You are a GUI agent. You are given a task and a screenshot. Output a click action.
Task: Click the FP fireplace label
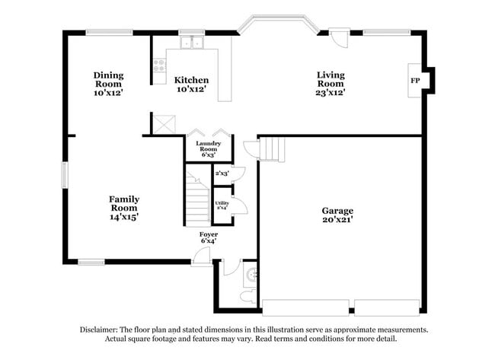(x=415, y=81)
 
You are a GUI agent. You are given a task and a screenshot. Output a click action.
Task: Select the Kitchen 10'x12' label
(x=191, y=84)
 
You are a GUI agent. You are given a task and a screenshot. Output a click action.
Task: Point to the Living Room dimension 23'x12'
(x=331, y=92)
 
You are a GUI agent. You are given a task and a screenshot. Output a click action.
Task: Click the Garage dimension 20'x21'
(x=337, y=220)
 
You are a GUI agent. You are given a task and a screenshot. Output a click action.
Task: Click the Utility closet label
(x=222, y=205)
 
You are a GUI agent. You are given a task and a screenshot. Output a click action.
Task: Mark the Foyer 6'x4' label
(x=209, y=237)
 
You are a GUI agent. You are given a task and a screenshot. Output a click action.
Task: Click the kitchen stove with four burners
(x=160, y=65)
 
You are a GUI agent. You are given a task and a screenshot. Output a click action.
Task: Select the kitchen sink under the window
(x=188, y=43)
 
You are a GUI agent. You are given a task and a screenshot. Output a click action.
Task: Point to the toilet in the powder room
(x=247, y=295)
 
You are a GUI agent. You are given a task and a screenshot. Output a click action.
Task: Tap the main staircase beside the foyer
(x=198, y=199)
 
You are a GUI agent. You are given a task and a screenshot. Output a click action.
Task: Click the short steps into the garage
(x=272, y=149)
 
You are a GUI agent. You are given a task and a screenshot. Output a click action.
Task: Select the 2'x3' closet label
(x=222, y=174)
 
